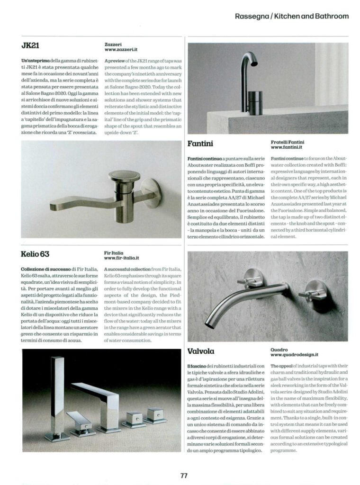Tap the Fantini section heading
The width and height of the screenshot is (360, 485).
200,143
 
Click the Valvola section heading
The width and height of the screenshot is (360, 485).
201,351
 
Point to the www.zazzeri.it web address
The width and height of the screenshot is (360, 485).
121,50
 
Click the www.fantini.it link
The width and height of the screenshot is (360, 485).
288,147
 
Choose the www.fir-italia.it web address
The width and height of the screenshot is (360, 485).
121,258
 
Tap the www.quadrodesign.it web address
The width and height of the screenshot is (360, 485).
294,354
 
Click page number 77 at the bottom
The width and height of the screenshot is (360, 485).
184,476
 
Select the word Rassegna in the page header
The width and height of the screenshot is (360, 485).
252,16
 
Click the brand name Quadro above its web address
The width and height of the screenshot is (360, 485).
279,349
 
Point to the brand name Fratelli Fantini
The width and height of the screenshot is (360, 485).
288,142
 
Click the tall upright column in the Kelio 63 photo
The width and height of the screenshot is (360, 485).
57,393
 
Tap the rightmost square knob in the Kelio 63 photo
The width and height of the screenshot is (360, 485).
156,414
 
